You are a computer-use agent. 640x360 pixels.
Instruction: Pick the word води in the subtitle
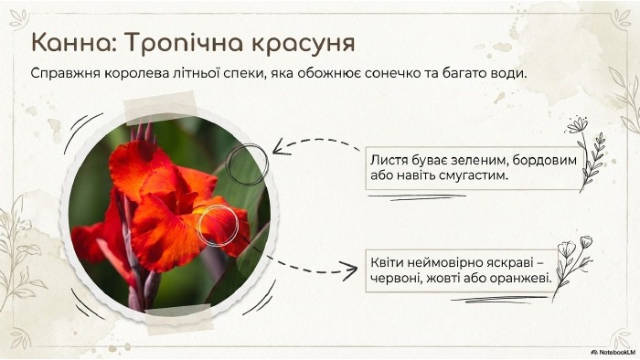pyautogui.click(x=507, y=74)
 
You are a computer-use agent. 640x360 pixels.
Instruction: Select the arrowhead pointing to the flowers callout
pyautogui.click(x=351, y=271)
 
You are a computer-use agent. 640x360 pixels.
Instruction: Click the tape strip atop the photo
pyautogui.click(x=160, y=108)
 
